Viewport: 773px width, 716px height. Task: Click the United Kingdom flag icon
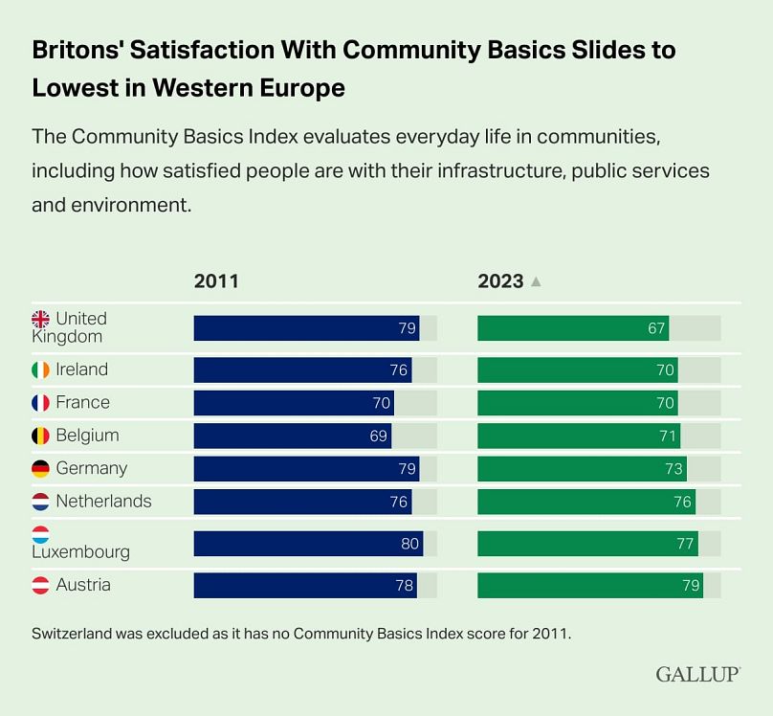tap(41, 319)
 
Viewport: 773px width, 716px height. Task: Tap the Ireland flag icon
tap(41, 369)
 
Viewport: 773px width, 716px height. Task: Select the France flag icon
tap(41, 403)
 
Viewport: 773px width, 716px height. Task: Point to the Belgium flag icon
tap(41, 436)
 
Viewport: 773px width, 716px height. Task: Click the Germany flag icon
tap(41, 469)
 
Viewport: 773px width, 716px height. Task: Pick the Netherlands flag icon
tap(41, 502)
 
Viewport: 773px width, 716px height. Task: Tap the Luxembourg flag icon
tap(41, 534)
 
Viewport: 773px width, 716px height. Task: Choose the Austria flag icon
tap(41, 585)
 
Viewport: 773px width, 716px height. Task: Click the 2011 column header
tap(216, 281)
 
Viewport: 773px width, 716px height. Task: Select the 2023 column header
tap(501, 281)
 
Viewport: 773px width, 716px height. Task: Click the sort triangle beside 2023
tap(536, 282)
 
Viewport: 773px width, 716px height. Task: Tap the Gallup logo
tap(697, 674)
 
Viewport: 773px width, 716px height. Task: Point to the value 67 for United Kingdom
tap(656, 327)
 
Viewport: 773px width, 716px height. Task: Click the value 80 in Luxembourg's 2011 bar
tap(410, 544)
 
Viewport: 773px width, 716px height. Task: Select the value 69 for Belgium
tap(379, 436)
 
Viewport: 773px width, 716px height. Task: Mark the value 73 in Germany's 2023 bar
tap(674, 469)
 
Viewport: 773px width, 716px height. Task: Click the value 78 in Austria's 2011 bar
tap(405, 585)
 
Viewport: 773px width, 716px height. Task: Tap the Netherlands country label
tap(103, 502)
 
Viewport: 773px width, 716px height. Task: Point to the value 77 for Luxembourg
tap(685, 544)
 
